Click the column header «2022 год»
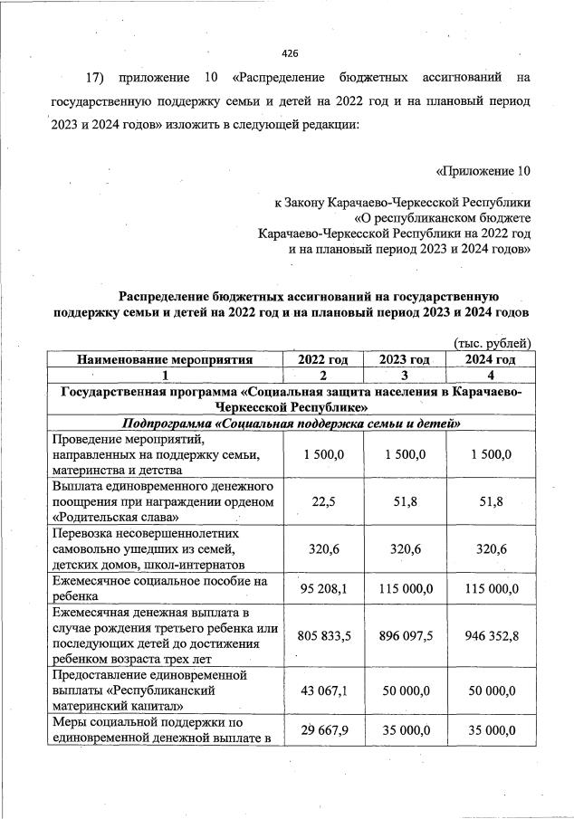pos(323,359)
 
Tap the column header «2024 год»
pos(490,359)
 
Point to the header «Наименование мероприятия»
pos(164,359)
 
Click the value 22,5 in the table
pos(323,501)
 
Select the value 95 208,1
pos(323,588)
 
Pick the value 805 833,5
pos(323,636)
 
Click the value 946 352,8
pos(490,636)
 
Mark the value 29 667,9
pos(323,730)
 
